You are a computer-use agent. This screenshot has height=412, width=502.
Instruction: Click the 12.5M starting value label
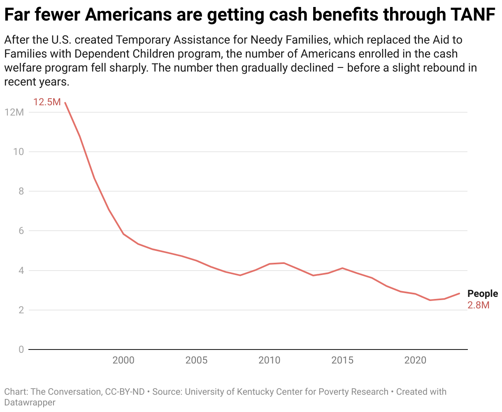[x=47, y=102]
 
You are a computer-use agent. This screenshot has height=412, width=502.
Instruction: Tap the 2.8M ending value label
[x=478, y=305]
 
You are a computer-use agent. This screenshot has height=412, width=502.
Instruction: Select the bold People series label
[x=482, y=294]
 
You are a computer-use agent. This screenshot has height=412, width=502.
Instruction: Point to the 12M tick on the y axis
[x=14, y=112]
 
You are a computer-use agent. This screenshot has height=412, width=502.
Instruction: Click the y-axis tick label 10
[x=19, y=152]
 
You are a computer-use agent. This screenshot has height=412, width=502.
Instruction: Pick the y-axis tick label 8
[x=21, y=191]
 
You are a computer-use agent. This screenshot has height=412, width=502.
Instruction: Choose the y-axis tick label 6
[x=21, y=231]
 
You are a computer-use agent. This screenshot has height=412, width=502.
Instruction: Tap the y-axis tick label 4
[x=21, y=271]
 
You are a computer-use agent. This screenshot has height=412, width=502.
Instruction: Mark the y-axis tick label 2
[x=21, y=310]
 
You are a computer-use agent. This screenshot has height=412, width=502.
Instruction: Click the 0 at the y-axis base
[x=21, y=350]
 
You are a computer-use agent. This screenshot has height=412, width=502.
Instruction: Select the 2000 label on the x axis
[x=123, y=361]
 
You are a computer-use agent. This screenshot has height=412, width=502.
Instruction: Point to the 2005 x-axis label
[x=196, y=361]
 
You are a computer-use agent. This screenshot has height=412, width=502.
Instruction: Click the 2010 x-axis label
[x=269, y=361]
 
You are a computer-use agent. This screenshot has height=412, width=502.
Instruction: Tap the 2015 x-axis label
[x=342, y=361]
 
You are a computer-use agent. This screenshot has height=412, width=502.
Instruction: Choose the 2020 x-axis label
[x=415, y=361]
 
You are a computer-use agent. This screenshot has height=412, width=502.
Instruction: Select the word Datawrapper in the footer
[x=30, y=402]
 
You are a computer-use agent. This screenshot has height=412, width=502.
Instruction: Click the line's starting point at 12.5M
[x=65, y=103]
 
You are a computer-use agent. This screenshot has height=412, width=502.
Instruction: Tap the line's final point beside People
[x=459, y=294]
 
